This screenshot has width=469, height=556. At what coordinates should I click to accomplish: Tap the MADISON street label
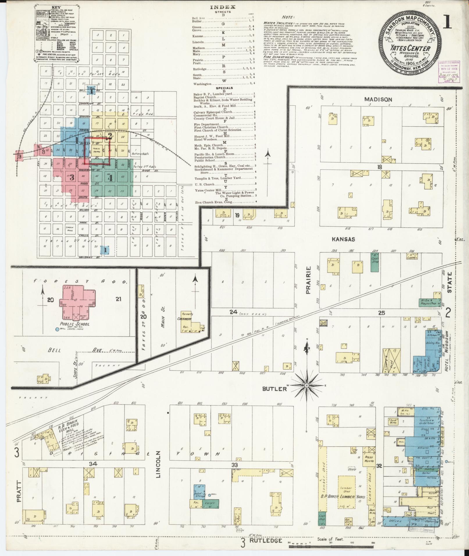tap(378, 99)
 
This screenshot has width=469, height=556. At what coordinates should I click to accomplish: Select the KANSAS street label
tap(344, 239)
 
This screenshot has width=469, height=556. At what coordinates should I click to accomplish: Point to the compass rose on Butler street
tap(306, 385)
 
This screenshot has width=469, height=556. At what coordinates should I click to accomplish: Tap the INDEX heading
tap(223, 7)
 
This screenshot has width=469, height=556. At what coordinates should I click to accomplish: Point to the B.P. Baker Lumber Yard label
tap(339, 497)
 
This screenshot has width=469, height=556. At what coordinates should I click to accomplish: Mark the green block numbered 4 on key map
tap(110, 178)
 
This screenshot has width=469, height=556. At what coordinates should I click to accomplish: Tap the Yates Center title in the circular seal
tap(414, 48)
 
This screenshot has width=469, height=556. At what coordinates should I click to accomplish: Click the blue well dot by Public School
tap(57, 330)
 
